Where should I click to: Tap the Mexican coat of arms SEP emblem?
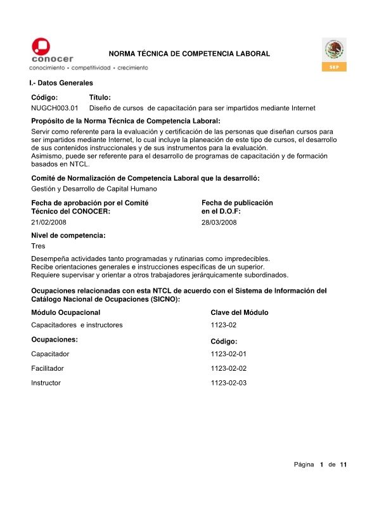(334, 50)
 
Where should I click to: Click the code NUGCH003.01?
(54, 108)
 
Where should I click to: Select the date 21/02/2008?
(48, 222)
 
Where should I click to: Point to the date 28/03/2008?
(219, 222)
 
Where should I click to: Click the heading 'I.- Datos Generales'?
(61, 83)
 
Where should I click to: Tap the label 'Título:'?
(100, 98)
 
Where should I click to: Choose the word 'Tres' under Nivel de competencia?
(38, 246)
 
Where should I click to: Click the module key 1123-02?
(223, 325)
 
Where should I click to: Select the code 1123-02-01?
(228, 354)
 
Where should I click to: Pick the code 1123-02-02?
(228, 368)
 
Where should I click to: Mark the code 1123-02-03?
(228, 383)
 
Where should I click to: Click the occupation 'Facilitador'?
(48, 368)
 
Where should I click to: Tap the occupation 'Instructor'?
(46, 383)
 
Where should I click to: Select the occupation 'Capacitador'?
(50, 354)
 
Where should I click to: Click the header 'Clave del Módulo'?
(239, 312)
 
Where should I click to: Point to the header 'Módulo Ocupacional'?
(65, 312)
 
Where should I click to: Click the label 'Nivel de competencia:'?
(68, 235)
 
